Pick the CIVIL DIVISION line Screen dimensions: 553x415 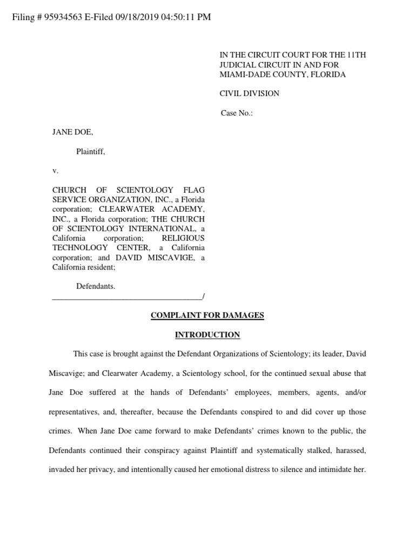pos(249,93)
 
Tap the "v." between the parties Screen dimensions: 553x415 pos(55,171)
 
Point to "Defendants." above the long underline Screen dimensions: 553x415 pos(96,286)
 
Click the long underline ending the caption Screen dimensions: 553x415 pos(128,296)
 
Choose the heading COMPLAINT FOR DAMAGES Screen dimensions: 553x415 pos(207,315)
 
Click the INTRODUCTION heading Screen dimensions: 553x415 pos(207,335)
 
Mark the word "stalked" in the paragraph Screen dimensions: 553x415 pos(308,450)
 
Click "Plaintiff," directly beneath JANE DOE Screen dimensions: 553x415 pos(90,152)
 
